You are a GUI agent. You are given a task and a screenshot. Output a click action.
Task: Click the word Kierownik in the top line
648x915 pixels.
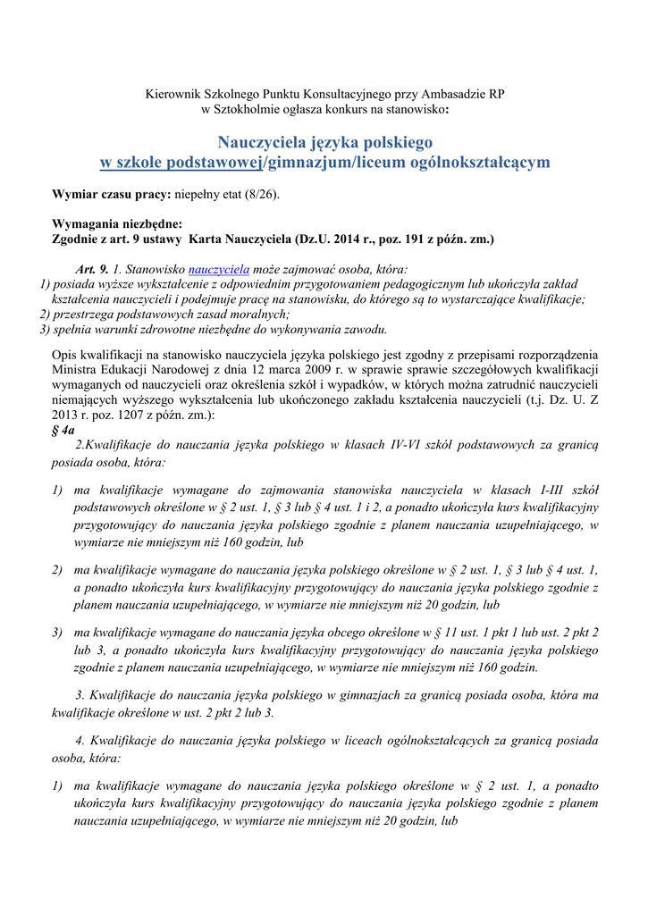(x=173, y=95)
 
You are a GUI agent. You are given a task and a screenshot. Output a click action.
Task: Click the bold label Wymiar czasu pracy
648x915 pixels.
(x=111, y=194)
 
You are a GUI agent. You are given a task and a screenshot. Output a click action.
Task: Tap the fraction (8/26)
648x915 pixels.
(x=261, y=194)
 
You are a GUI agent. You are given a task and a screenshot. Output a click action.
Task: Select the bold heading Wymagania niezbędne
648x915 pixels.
(x=117, y=224)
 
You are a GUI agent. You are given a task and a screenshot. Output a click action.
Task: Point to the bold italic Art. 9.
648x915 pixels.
(x=92, y=269)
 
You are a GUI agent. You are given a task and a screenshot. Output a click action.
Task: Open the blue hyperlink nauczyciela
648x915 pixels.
(x=219, y=269)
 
